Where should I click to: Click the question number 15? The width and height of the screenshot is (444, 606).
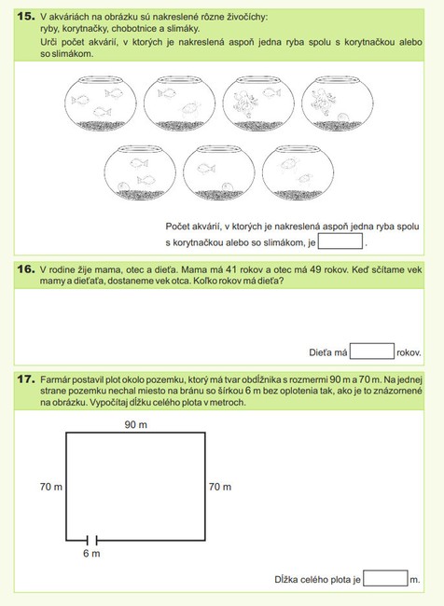click(x=26, y=16)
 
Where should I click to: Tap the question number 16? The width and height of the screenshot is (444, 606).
click(x=26, y=269)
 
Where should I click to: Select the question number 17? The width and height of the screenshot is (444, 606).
click(x=26, y=379)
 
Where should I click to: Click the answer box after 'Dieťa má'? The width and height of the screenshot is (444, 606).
click(x=372, y=351)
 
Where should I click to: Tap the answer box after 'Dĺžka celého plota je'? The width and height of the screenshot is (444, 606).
click(x=385, y=578)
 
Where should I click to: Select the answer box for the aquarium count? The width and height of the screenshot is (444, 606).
click(x=340, y=241)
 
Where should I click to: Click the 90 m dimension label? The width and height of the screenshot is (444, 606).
click(x=136, y=425)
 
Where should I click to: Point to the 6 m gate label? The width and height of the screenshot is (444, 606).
click(x=91, y=554)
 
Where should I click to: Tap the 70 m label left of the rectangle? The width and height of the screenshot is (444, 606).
click(x=51, y=487)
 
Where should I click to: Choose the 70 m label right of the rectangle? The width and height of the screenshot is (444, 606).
click(x=220, y=487)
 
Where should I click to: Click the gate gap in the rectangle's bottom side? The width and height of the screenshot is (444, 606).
click(x=92, y=540)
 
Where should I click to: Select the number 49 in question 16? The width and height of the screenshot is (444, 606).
click(x=315, y=269)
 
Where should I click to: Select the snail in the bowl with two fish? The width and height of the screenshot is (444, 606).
click(x=123, y=186)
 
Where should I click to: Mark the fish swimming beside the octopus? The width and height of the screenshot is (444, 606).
click(x=271, y=92)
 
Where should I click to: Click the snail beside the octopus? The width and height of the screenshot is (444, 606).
click(x=342, y=117)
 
